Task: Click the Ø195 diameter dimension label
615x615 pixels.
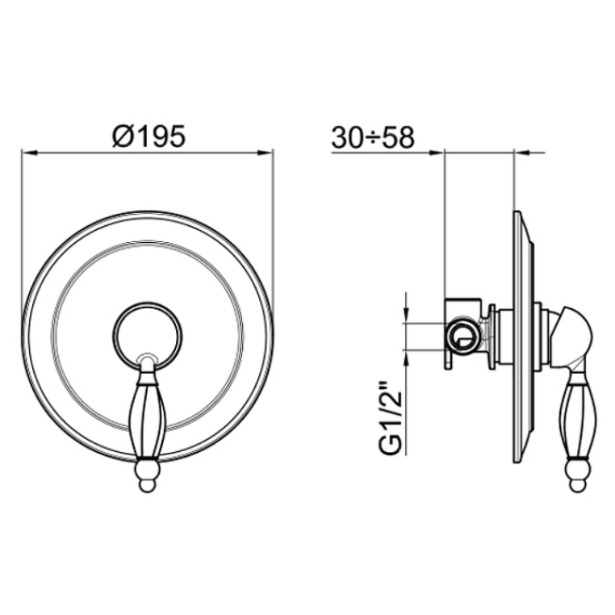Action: click(149, 136)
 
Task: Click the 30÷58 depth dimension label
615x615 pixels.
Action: click(373, 137)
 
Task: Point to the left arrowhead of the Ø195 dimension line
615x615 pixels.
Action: click(28, 153)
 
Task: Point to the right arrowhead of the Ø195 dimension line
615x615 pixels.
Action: click(266, 153)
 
